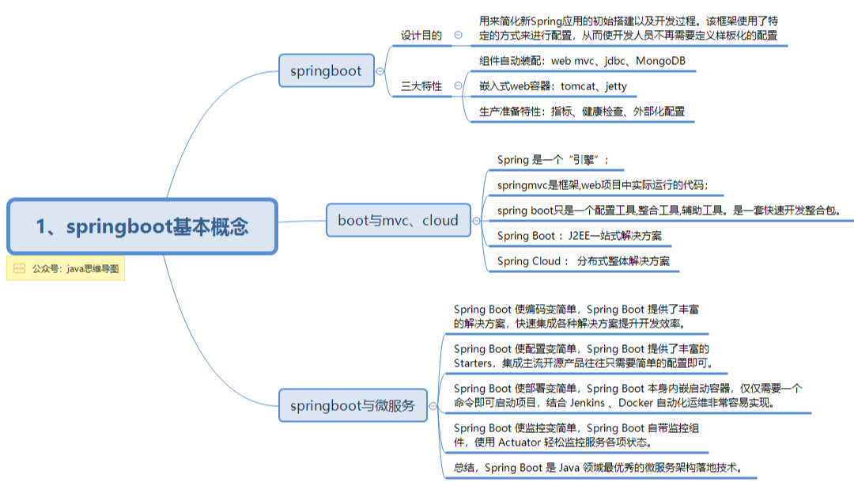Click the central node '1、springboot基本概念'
(x=142, y=226)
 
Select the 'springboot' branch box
(x=327, y=70)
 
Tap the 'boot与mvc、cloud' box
(x=398, y=220)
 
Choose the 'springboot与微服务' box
(x=353, y=405)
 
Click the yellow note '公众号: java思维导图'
(x=66, y=268)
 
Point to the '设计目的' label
(x=421, y=36)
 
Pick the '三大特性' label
(x=421, y=86)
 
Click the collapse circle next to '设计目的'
(x=459, y=35)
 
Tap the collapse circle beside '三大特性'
(x=459, y=85)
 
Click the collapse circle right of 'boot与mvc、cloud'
(x=477, y=221)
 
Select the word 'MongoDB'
(x=660, y=61)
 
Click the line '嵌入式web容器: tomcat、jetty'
(x=553, y=86)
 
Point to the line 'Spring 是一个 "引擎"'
(x=553, y=160)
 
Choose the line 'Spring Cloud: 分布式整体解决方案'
(x=584, y=261)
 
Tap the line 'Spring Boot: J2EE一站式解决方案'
(x=580, y=236)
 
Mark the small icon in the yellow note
(x=20, y=268)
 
